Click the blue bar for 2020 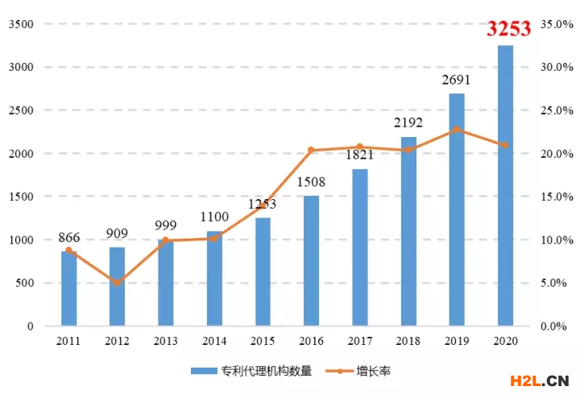point(505,185)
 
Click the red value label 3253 point(508,29)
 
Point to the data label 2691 point(456,80)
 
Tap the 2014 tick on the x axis point(213,342)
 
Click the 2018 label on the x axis point(408,342)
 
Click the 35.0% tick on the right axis point(557,24)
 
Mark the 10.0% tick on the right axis point(557,240)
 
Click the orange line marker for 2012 point(118,282)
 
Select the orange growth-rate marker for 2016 point(311,150)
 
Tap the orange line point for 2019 point(457,129)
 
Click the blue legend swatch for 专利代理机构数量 point(207,372)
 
